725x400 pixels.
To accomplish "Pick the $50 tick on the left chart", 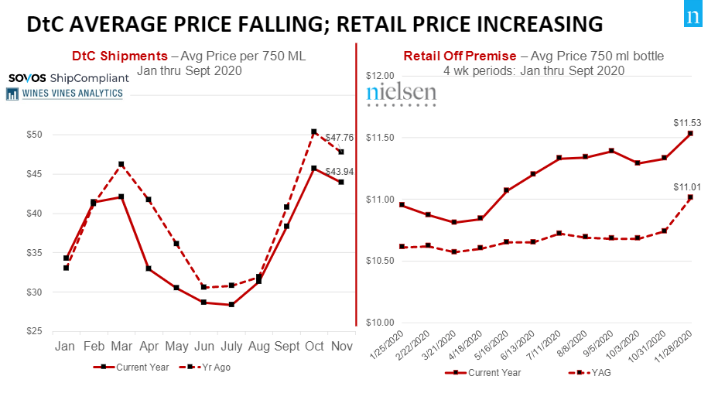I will pos(32,135).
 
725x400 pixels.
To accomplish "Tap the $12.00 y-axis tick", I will pos(380,76).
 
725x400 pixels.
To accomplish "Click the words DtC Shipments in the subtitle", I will pos(119,56).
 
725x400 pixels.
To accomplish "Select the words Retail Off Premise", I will pos(460,56).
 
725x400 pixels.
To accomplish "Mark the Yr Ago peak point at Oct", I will pos(313,132).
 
